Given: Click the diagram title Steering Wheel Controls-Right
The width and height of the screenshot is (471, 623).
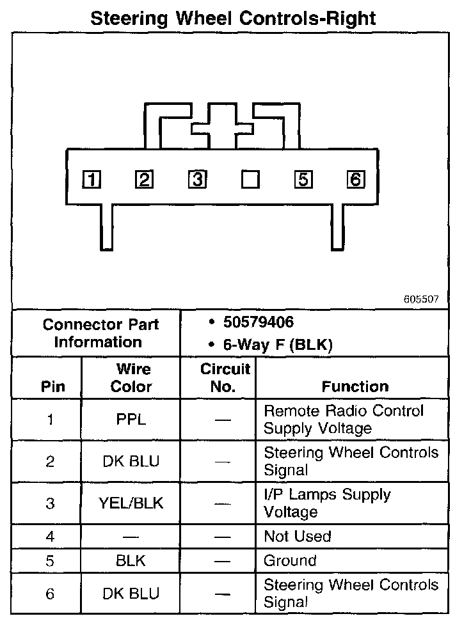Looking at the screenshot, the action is (233, 17).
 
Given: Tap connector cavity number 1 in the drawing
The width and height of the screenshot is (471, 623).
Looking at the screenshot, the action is (92, 180).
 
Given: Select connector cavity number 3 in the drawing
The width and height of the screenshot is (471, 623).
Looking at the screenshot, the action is (197, 180).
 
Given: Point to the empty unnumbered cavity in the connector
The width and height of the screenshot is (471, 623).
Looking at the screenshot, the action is (250, 180).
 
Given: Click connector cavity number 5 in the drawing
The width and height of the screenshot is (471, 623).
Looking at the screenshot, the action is (303, 180).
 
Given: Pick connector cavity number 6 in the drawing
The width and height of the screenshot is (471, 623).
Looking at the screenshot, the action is (355, 180).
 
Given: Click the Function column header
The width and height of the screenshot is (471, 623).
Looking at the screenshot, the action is (355, 386).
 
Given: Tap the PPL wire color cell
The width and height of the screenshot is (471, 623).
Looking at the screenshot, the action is (131, 420).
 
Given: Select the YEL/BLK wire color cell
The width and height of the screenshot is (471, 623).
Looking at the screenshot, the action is (131, 503).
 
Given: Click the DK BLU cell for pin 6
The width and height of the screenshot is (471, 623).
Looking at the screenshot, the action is (131, 594).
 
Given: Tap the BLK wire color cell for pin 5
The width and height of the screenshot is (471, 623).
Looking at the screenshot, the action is (131, 561).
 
